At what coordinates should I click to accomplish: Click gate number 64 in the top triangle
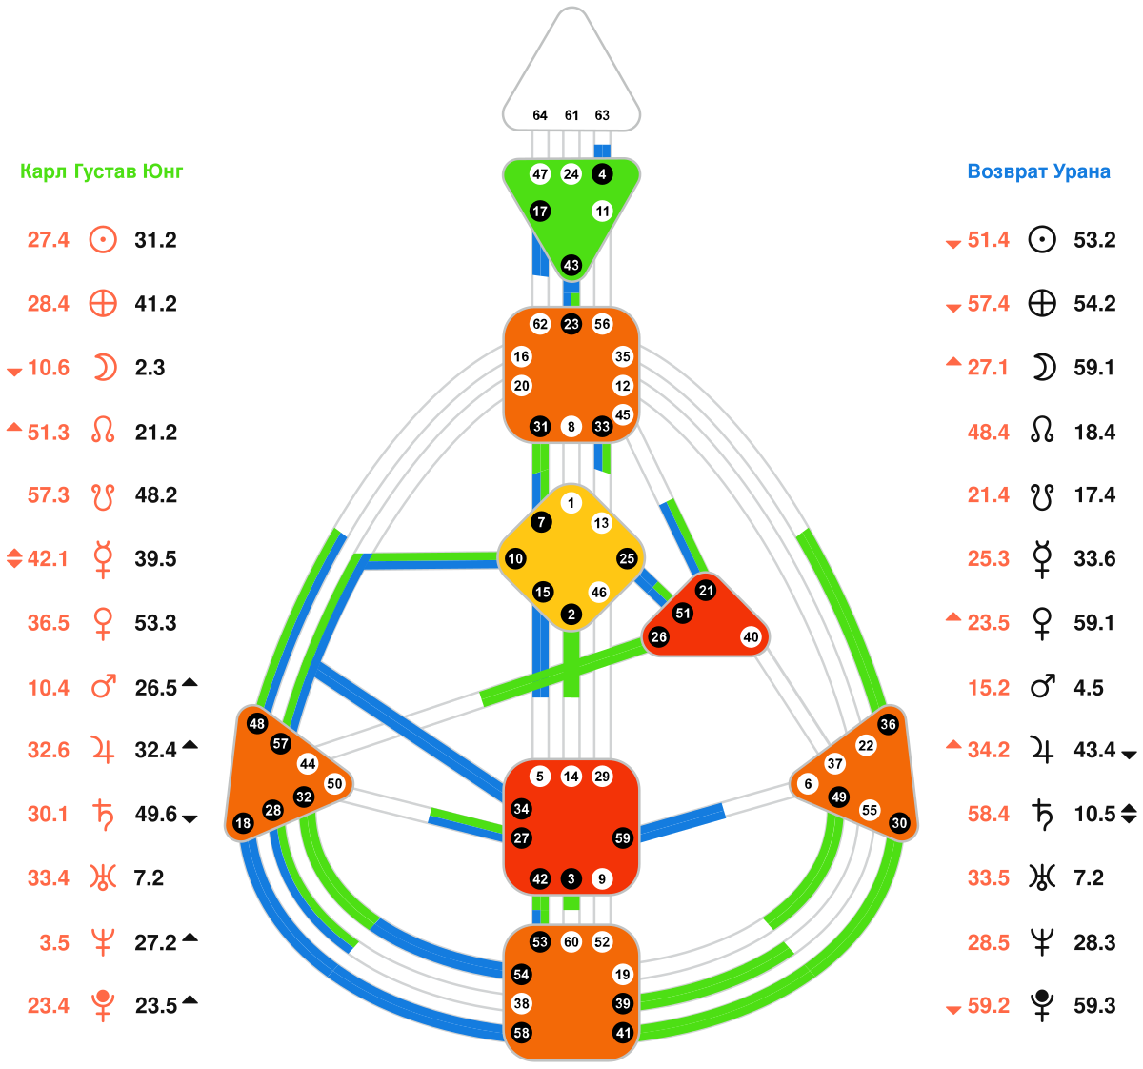click(x=540, y=115)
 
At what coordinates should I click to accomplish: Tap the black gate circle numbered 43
click(x=571, y=265)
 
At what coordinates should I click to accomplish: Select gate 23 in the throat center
click(x=571, y=324)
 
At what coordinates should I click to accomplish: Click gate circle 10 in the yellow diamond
click(x=515, y=558)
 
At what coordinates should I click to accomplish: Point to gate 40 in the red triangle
click(x=752, y=637)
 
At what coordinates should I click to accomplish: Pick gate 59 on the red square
click(x=623, y=838)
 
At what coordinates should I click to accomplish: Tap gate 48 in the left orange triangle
click(x=256, y=723)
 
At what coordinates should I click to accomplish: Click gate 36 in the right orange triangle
click(x=889, y=724)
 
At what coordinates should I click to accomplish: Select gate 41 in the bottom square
click(x=623, y=1033)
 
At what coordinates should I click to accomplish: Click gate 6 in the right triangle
click(x=809, y=784)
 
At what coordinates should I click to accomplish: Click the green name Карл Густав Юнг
click(x=102, y=171)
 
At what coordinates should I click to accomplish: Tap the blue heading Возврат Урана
click(x=1038, y=171)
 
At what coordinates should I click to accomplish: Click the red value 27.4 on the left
click(x=49, y=240)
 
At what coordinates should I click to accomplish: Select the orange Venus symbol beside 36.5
click(x=103, y=624)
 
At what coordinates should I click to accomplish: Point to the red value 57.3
click(x=49, y=495)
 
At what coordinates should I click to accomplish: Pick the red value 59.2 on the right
click(x=989, y=1006)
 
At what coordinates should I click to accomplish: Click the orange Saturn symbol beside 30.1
click(x=103, y=815)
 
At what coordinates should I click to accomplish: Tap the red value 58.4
click(x=989, y=815)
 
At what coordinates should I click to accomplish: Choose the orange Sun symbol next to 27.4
click(x=103, y=240)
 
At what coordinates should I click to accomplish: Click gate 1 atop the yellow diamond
click(x=571, y=503)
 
